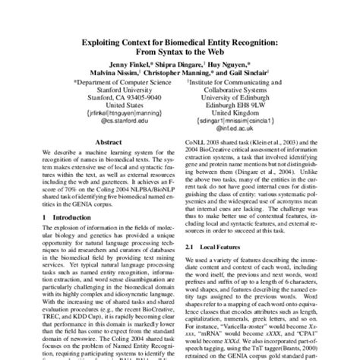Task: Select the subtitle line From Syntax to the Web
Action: [180, 45]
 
